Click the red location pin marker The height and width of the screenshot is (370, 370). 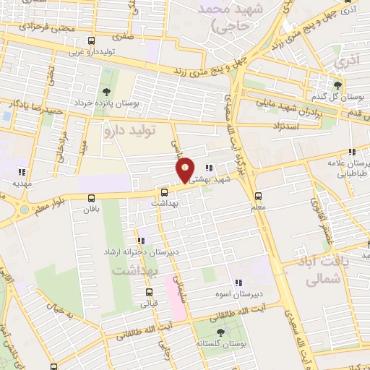pyautogui.click(x=186, y=170)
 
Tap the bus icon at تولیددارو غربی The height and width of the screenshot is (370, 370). pyautogui.click(x=91, y=41)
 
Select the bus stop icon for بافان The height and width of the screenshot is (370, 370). pyautogui.click(x=91, y=197)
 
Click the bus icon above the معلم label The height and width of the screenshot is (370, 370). pyautogui.click(x=258, y=196)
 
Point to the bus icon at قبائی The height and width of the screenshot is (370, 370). pyautogui.click(x=149, y=293)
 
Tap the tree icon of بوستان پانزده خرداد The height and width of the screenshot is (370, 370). pyautogui.click(x=107, y=91)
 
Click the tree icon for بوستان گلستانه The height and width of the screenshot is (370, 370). pyautogui.click(x=220, y=332)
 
